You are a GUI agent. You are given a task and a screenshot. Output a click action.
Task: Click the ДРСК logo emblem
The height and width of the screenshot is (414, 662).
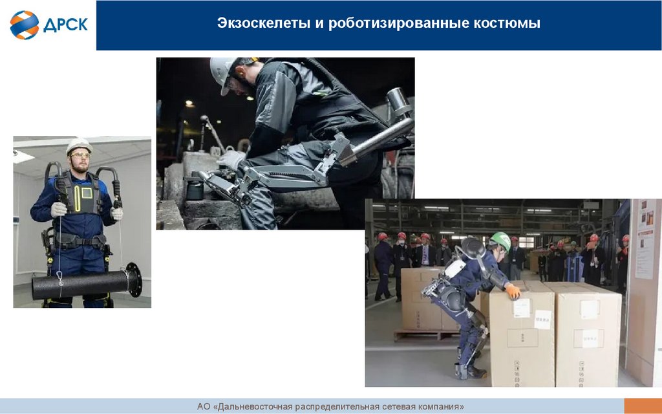[x=24, y=25]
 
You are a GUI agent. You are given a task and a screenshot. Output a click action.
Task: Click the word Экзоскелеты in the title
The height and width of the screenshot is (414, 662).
[x=264, y=23]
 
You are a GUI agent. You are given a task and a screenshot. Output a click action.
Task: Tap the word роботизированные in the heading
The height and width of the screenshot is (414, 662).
[x=399, y=23]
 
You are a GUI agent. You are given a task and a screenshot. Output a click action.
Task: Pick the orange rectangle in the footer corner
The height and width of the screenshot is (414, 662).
[x=643, y=406]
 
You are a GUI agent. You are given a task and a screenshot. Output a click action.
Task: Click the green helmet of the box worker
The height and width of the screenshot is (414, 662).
[x=501, y=241]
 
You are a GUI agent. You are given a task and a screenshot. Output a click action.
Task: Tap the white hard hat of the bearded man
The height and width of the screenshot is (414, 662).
[x=79, y=146]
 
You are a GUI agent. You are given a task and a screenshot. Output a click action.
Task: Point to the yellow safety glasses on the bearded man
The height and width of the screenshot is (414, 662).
[x=81, y=155]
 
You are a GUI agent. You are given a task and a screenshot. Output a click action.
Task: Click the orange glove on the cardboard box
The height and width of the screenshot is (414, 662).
[x=513, y=291]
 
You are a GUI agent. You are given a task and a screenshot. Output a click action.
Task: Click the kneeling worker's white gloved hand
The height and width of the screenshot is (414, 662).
[x=231, y=159]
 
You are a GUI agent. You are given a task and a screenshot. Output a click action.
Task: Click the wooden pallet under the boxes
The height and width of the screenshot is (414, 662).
[x=427, y=335]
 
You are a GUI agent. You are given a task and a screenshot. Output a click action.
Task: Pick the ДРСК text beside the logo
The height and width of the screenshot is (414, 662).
[x=65, y=25]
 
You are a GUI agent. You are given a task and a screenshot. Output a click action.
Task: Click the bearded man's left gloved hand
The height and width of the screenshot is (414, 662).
[x=117, y=213]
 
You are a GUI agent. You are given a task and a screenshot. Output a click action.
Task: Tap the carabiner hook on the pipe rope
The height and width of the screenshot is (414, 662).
[x=60, y=278]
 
